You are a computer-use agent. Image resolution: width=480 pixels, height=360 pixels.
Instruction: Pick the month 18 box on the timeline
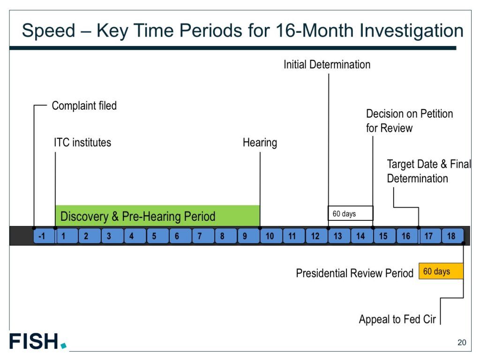[452, 236]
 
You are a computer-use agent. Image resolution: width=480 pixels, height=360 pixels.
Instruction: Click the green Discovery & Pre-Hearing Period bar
[157, 216]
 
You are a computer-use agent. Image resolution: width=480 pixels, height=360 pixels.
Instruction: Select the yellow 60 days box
[441, 271]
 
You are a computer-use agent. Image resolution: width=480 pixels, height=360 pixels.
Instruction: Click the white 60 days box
[351, 213]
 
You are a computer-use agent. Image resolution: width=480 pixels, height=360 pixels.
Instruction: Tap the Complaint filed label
[84, 105]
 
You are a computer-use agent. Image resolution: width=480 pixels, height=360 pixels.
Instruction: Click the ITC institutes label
[82, 142]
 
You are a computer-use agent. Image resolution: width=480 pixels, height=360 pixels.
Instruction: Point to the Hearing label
[260, 142]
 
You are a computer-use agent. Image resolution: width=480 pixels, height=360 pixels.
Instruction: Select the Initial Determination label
[327, 65]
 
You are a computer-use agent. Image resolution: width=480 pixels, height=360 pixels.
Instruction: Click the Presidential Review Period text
[354, 273]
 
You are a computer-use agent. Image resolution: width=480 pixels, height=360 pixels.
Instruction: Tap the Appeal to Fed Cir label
[397, 319]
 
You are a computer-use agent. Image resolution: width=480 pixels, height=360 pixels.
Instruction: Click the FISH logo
[37, 341]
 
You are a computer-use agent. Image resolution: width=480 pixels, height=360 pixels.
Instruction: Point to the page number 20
[462, 342]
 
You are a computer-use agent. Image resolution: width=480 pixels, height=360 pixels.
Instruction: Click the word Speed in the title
[48, 30]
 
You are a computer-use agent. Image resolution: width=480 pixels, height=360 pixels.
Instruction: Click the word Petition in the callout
[436, 113]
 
